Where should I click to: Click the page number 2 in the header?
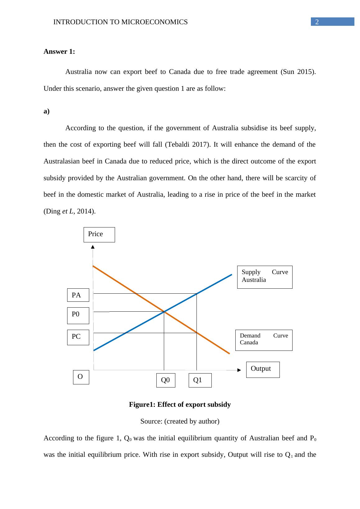coord(317,22)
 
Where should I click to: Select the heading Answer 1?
coord(59,52)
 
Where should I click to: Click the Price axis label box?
coord(99,235)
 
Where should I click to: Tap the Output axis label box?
coord(263,369)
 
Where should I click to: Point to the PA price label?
coord(78,295)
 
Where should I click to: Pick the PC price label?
coord(78,337)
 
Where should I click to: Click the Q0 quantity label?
coord(166,380)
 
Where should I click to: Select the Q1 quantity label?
coord(200,380)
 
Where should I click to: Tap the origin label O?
coord(81,377)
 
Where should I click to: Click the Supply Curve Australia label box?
coord(265,277)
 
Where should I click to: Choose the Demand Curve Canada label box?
coord(264,340)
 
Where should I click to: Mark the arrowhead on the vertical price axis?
coord(93,247)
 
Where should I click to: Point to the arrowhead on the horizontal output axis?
coord(239,370)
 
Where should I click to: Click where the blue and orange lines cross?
coord(164,311)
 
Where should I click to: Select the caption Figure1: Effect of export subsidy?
coord(180,405)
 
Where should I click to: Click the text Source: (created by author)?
coord(180,421)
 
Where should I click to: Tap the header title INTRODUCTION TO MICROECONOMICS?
coord(120,22)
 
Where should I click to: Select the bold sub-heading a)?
coord(47,112)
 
